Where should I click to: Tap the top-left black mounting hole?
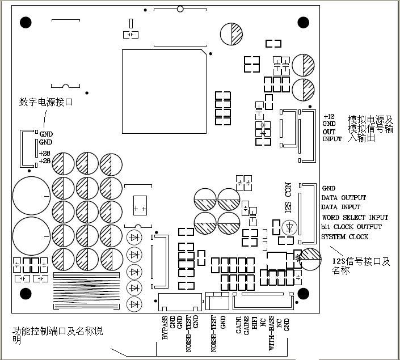pyautogui.click(x=26, y=23)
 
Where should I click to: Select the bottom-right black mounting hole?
pyautogui.click(x=303, y=293)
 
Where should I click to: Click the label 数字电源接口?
pyautogui.click(x=46, y=103)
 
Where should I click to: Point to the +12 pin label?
pyautogui.click(x=329, y=116)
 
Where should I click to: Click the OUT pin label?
pyautogui.click(x=329, y=131)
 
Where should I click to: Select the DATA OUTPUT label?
pyautogui.click(x=344, y=198)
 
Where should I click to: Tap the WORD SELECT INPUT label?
pyautogui.click(x=355, y=217)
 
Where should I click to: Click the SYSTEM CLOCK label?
pyautogui.click(x=345, y=236)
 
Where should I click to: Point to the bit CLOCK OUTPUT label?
pyautogui.click(x=352, y=227)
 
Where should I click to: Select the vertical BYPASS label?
pyautogui.click(x=165, y=327)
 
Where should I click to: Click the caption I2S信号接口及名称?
pyautogui.click(x=361, y=266)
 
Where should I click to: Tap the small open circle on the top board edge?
pyautogui.click(x=180, y=9)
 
